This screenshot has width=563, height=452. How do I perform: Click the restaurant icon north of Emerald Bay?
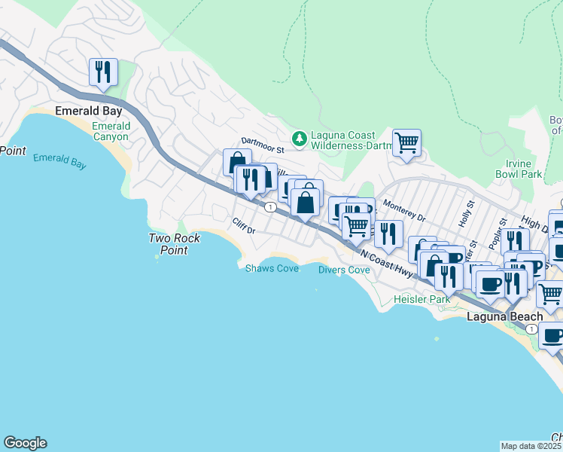tap(100, 72)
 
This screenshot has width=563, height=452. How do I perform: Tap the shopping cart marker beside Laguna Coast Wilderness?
tap(406, 142)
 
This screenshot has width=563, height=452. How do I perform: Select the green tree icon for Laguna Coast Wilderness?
tap(300, 137)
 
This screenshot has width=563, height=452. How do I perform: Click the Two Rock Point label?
tap(174, 244)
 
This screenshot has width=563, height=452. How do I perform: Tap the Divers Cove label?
tap(344, 270)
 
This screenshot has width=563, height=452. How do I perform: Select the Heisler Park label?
tap(422, 299)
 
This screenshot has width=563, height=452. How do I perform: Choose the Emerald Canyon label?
tap(111, 131)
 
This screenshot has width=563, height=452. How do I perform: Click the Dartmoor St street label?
tap(261, 141)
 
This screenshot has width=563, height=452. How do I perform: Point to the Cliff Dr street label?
tap(245, 225)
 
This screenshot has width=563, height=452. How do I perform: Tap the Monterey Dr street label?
tap(404, 210)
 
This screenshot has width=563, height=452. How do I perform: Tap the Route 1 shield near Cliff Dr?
tap(269, 206)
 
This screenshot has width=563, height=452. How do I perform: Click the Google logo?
tap(25, 443)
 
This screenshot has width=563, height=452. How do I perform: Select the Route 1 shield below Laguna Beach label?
tap(531, 329)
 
